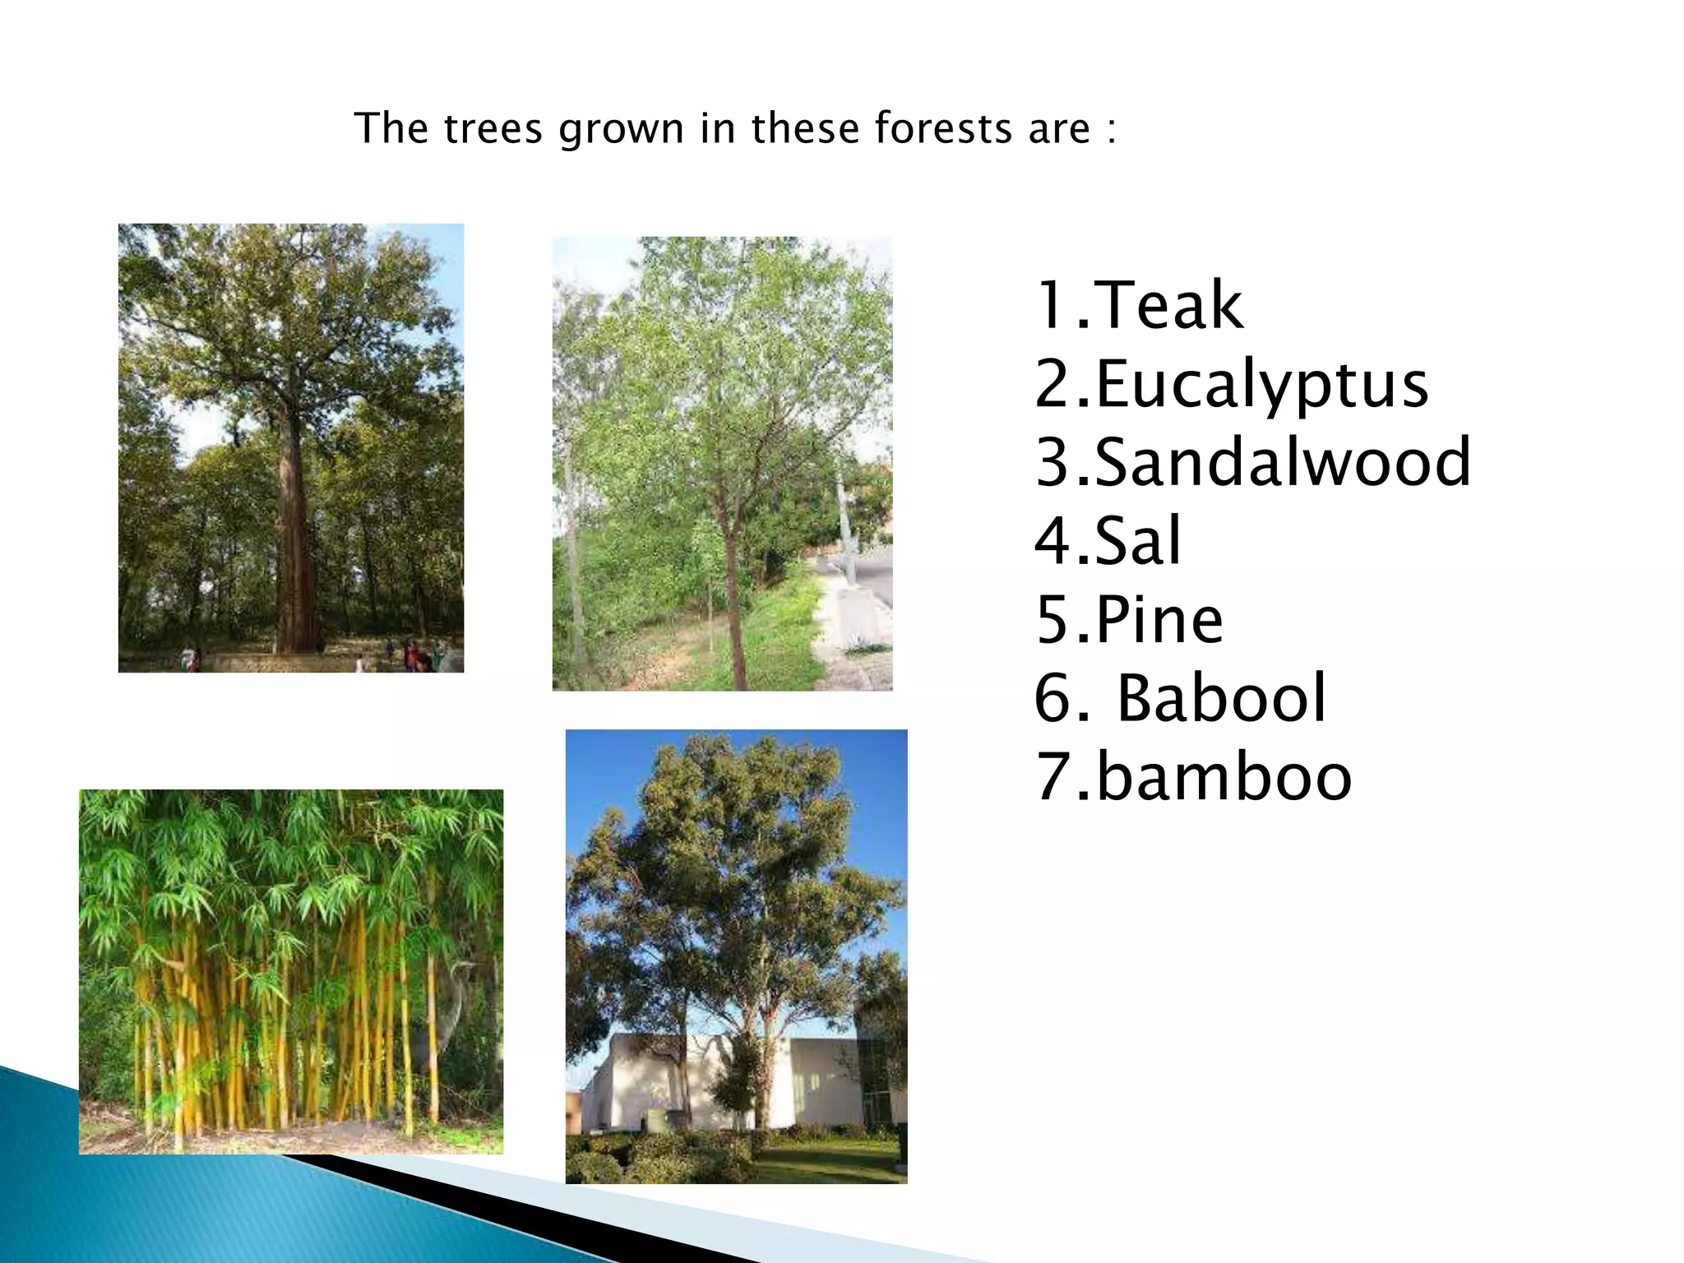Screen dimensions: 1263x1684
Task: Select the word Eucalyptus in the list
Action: pos(1262,385)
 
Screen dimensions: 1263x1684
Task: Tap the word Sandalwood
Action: pos(1283,462)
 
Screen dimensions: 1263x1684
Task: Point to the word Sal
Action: pos(1139,541)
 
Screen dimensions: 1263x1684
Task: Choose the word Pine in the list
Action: pos(1159,620)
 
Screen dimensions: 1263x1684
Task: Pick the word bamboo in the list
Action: pos(1224,778)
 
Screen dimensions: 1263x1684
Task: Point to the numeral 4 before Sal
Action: pos(1052,541)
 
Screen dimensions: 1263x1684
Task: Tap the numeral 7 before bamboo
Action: pos(1052,778)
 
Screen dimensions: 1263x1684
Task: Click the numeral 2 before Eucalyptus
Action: pos(1052,385)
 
